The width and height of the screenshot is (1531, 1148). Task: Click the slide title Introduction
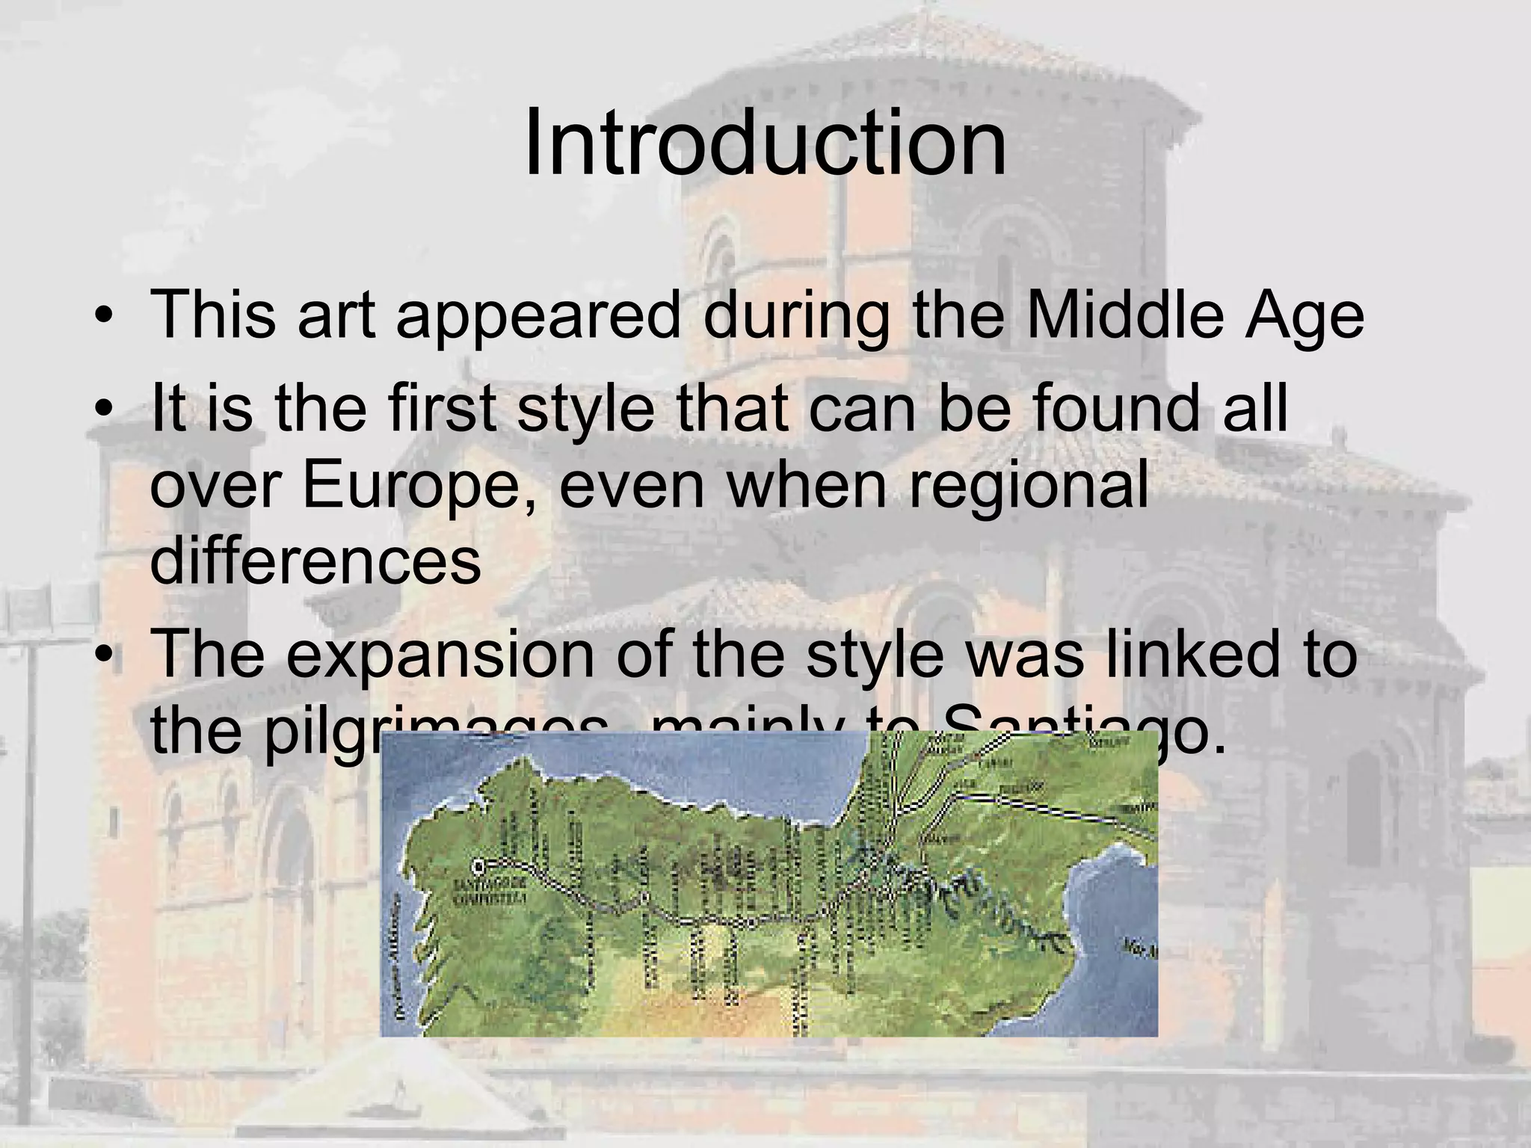point(765,143)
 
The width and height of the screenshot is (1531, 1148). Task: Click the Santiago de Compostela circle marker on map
point(478,866)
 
